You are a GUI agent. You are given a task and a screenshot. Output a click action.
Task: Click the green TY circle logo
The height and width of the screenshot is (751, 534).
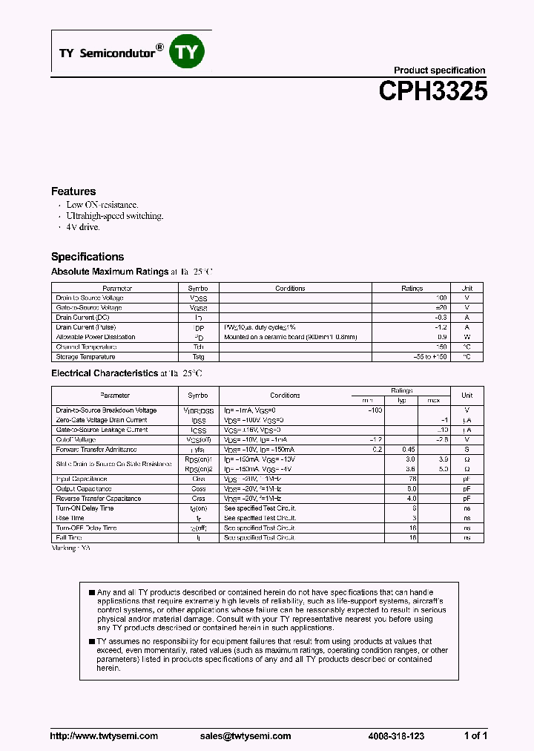click(188, 52)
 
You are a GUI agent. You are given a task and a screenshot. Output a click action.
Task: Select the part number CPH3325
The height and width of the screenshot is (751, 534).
click(432, 91)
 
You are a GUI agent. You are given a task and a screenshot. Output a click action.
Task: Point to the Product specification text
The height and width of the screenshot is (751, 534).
click(439, 70)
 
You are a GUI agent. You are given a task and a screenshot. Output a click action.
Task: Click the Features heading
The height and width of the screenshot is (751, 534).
click(73, 191)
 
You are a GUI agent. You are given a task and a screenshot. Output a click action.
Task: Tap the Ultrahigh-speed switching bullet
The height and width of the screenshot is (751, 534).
click(114, 216)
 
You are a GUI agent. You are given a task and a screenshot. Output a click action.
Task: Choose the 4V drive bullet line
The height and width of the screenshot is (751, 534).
click(82, 227)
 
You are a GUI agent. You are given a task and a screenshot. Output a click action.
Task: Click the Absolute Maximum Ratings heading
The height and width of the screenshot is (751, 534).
click(109, 272)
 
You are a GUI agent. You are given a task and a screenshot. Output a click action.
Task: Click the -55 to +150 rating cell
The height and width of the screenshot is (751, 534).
click(431, 356)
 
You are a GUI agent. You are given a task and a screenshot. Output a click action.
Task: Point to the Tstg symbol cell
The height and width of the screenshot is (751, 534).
click(198, 356)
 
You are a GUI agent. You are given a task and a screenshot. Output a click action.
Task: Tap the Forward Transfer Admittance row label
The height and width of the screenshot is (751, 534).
click(96, 450)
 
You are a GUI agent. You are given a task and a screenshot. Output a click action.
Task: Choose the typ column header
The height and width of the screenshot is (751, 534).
click(401, 400)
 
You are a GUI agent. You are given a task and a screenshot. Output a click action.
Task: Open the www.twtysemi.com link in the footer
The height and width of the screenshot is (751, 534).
click(104, 736)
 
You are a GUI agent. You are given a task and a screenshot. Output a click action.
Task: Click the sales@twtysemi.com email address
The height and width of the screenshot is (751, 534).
click(245, 736)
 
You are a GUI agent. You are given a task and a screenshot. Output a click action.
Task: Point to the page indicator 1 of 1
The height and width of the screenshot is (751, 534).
click(475, 736)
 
